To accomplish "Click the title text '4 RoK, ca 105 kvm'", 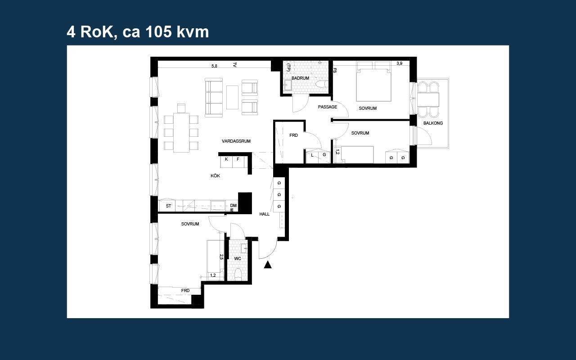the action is [138, 32].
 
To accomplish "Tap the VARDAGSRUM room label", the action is [236, 141].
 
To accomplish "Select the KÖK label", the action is [215, 176].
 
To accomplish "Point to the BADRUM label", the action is [300, 78].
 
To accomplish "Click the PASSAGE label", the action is [327, 107].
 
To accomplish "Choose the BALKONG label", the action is [433, 123].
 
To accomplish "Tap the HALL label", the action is [264, 214].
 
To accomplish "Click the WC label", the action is [238, 258].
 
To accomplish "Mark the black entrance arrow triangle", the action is [268, 265].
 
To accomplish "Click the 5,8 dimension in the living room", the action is [214, 66].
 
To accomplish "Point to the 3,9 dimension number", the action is [399, 63].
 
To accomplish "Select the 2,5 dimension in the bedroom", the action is [221, 257].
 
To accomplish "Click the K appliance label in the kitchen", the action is [226, 159].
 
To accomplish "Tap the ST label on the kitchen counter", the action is [168, 206].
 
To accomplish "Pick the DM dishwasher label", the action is [233, 206].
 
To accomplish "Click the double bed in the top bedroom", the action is [373, 81].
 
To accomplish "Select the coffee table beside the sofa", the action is [232, 97].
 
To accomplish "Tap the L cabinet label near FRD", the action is [312, 155].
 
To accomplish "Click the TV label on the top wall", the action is [234, 65].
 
